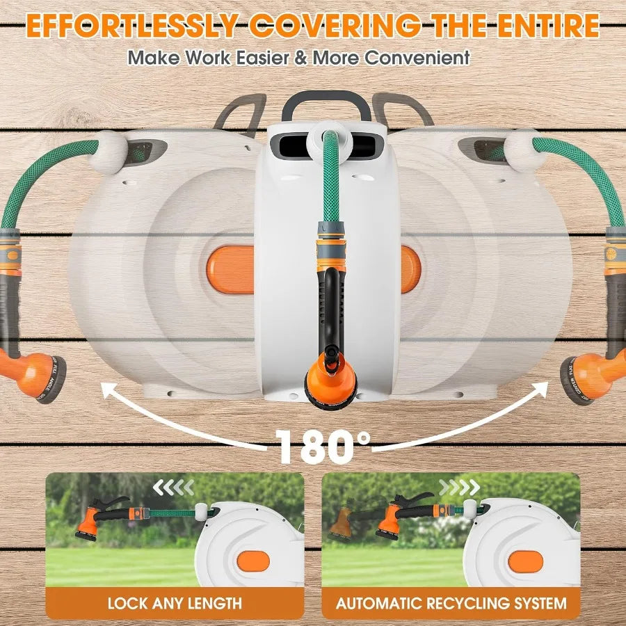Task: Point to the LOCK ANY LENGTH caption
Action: (175, 602)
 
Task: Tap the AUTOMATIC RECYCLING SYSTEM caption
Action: (451, 602)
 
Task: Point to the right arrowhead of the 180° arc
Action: (539, 392)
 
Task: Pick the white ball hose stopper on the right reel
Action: (520, 148)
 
